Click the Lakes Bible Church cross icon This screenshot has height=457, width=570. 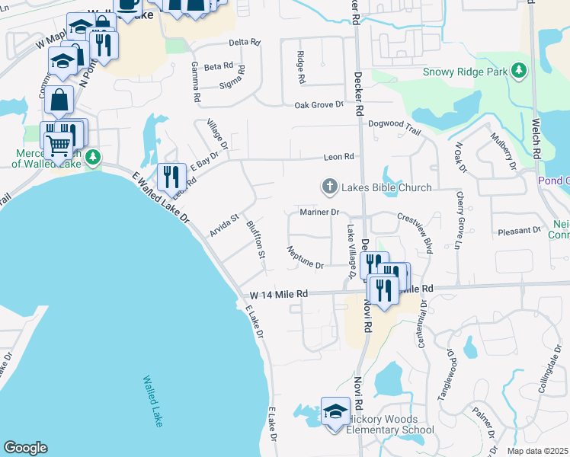(330, 187)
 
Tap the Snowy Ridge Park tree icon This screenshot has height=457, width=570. (519, 72)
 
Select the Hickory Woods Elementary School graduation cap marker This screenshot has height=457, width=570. (335, 411)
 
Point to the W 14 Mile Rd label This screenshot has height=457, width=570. (279, 294)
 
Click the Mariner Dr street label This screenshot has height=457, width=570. (319, 212)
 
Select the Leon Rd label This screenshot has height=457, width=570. (339, 157)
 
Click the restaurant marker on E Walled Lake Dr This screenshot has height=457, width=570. (171, 177)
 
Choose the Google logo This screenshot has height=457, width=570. (25, 448)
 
